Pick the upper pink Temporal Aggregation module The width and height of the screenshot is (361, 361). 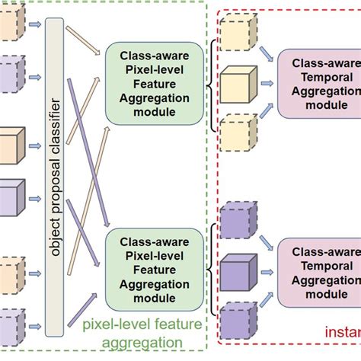coord(318,83)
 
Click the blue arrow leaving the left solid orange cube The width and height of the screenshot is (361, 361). coord(36,145)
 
